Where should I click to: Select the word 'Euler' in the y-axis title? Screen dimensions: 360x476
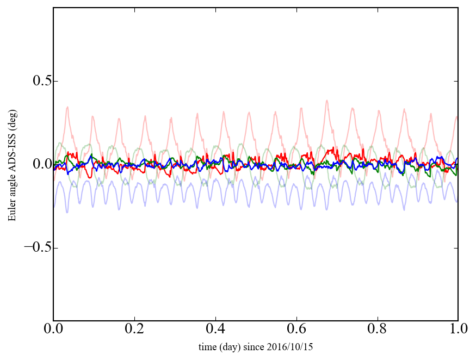11,212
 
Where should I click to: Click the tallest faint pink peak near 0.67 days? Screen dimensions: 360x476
326,101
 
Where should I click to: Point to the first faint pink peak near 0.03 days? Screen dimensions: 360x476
67,107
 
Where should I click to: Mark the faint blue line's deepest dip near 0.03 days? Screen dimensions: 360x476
67,212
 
